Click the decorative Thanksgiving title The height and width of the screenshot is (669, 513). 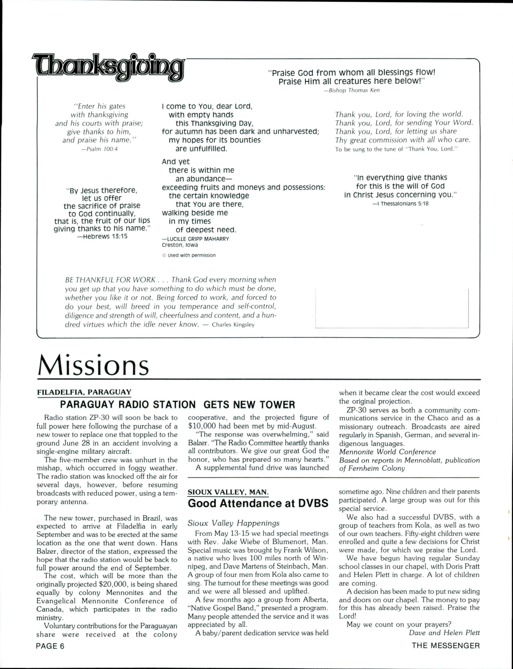pos(108,68)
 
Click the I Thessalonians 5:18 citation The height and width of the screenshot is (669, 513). pos(400,204)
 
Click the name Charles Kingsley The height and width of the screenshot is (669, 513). pos(233,325)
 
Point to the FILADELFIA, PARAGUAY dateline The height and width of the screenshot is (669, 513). pos(84,392)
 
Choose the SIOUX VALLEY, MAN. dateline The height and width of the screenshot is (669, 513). pos(228,492)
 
